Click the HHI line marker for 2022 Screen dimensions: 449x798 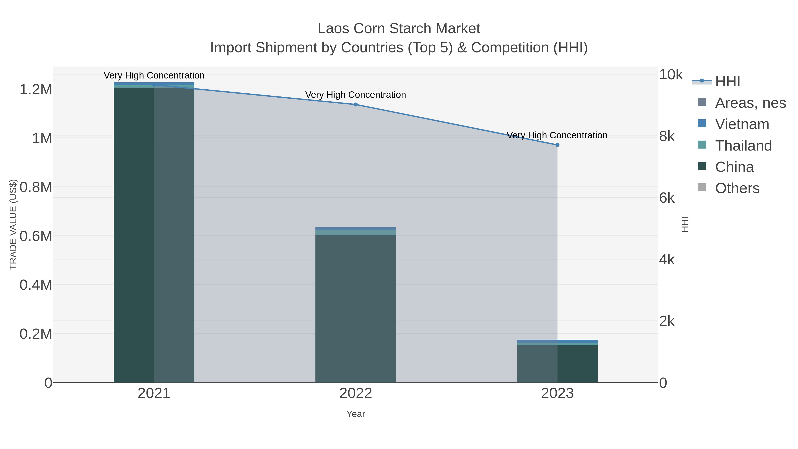click(356, 104)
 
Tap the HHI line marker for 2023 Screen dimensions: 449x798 click(557, 145)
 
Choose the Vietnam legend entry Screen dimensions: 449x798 click(742, 124)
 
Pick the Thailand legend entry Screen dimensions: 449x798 click(743, 146)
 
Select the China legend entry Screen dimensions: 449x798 click(734, 167)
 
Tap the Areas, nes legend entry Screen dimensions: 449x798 click(750, 103)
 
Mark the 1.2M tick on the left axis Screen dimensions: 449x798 click(36, 90)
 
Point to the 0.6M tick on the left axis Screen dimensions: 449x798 click(36, 236)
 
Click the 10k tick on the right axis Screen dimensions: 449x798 click(671, 75)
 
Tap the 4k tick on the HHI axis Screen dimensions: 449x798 click(667, 260)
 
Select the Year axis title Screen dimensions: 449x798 click(356, 414)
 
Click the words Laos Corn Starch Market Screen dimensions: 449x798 click(399, 29)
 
